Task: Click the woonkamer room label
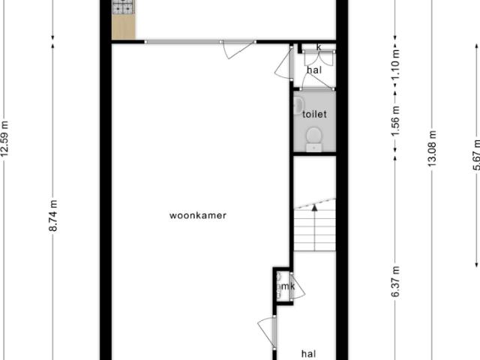point(197,216)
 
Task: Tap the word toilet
point(314,115)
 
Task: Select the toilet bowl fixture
point(314,135)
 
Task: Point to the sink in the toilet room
point(298,103)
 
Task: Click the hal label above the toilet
point(314,70)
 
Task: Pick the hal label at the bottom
point(308,353)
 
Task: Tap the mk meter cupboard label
point(287,286)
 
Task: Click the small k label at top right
point(319,47)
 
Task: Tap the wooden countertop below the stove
point(121,27)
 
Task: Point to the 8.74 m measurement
point(53,215)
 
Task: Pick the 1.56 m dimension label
point(396,121)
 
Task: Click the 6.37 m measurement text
point(396,283)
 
